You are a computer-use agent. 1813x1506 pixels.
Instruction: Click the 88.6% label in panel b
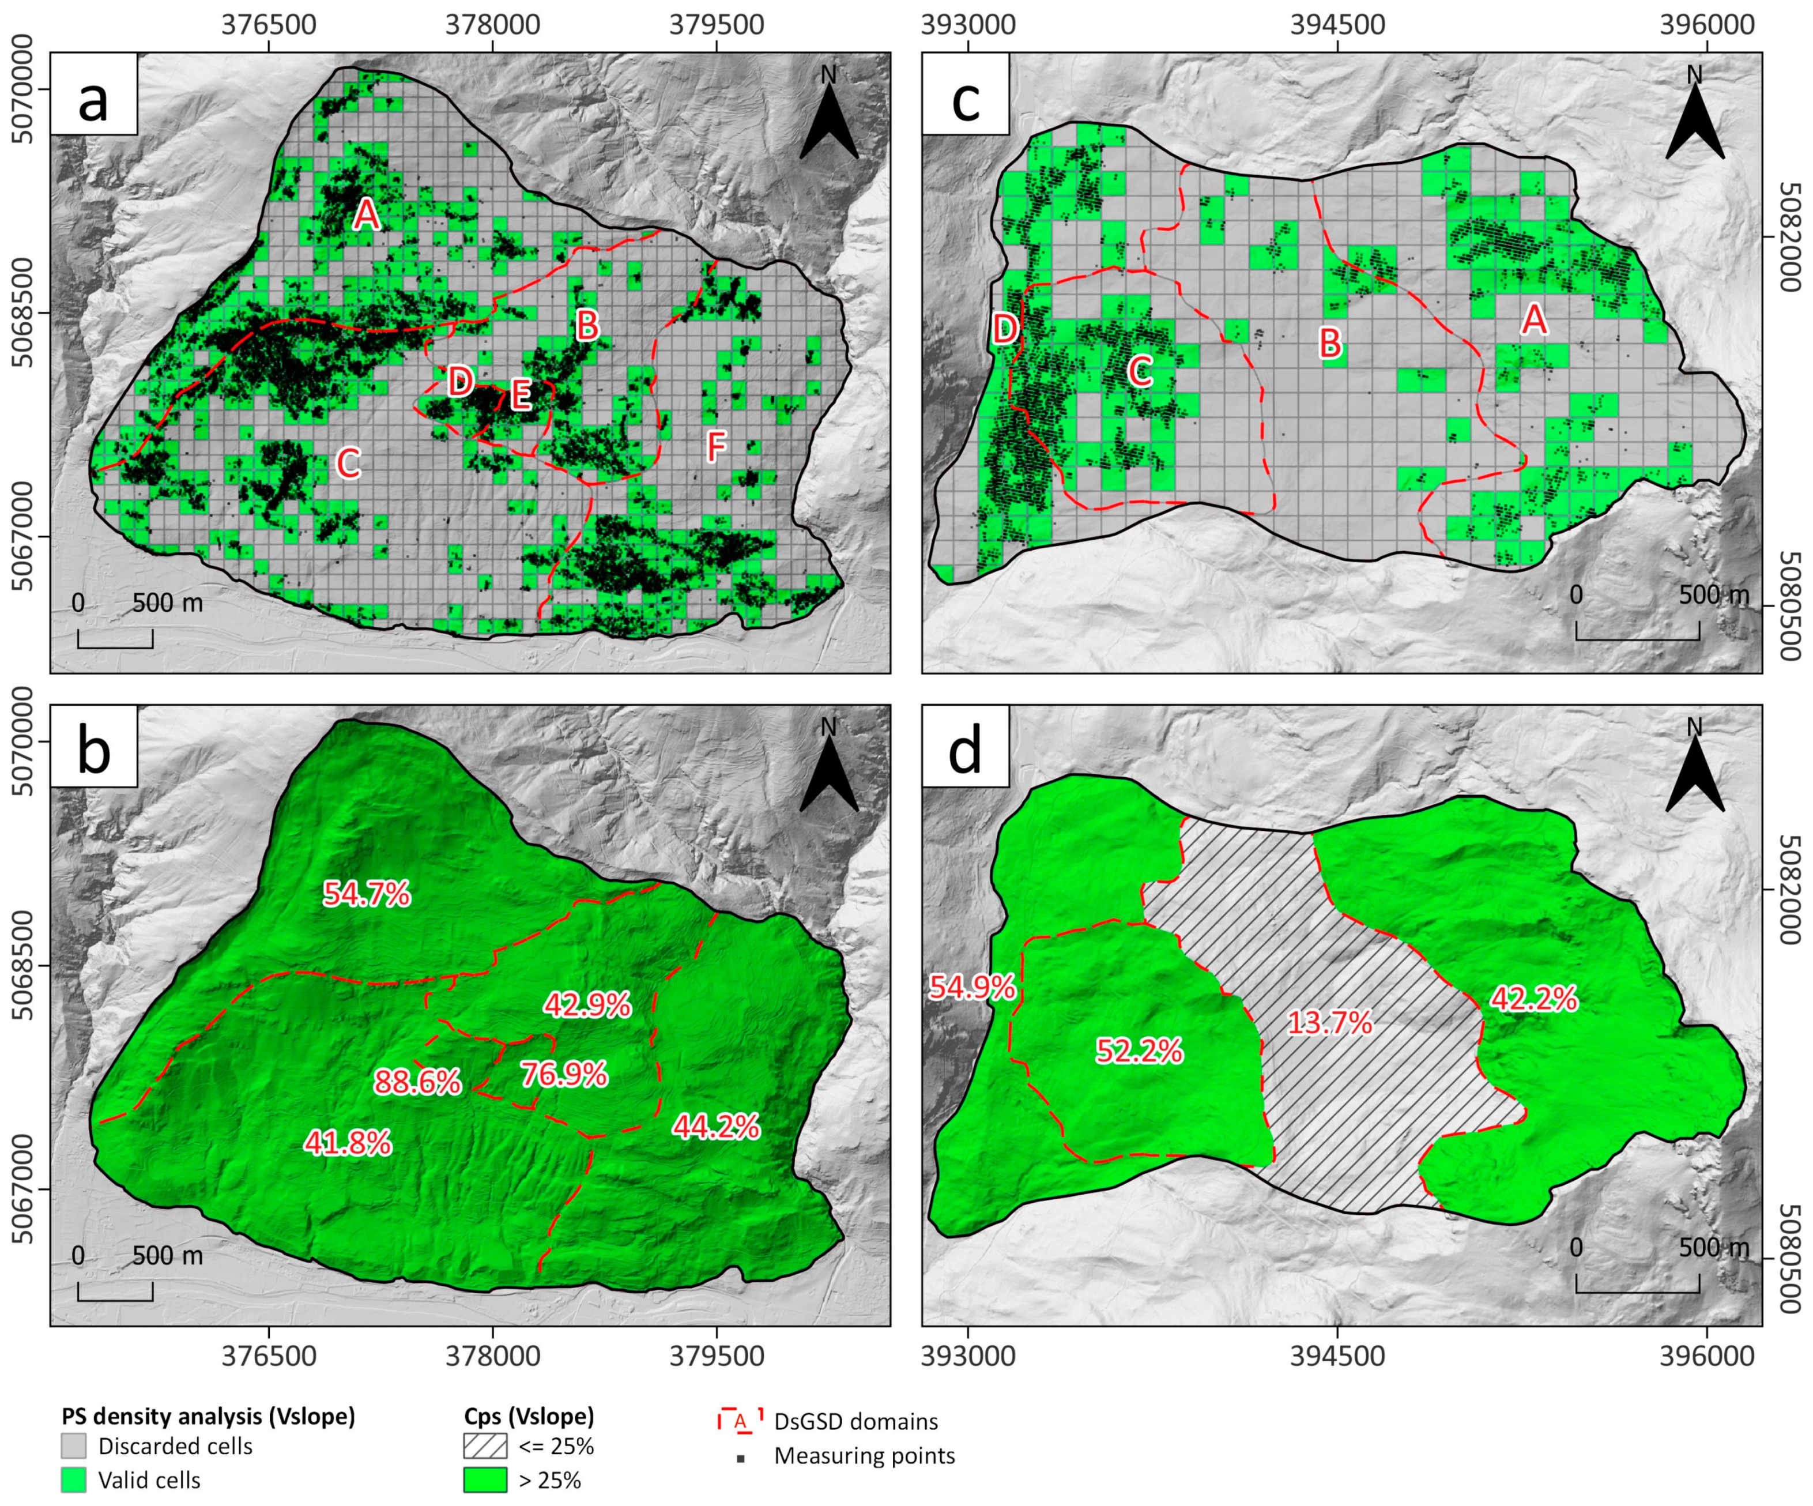(x=418, y=1082)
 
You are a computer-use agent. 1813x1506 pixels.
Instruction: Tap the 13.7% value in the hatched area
(x=1329, y=1023)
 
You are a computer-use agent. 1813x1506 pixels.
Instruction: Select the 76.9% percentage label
(x=564, y=1074)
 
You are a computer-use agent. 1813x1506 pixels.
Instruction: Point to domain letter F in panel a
(x=716, y=446)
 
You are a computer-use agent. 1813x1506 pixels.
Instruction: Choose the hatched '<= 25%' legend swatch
(x=485, y=1445)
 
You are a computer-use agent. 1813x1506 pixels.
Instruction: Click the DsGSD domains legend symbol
(x=740, y=1421)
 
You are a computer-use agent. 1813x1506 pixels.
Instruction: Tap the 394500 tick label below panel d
(x=1337, y=1356)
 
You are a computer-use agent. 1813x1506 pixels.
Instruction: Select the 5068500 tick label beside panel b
(x=24, y=965)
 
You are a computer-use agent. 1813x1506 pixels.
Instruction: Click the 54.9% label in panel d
(x=971, y=987)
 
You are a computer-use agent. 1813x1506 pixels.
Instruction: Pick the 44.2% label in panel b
(x=716, y=1126)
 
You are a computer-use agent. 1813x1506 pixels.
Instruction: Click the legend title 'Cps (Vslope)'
(x=529, y=1416)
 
